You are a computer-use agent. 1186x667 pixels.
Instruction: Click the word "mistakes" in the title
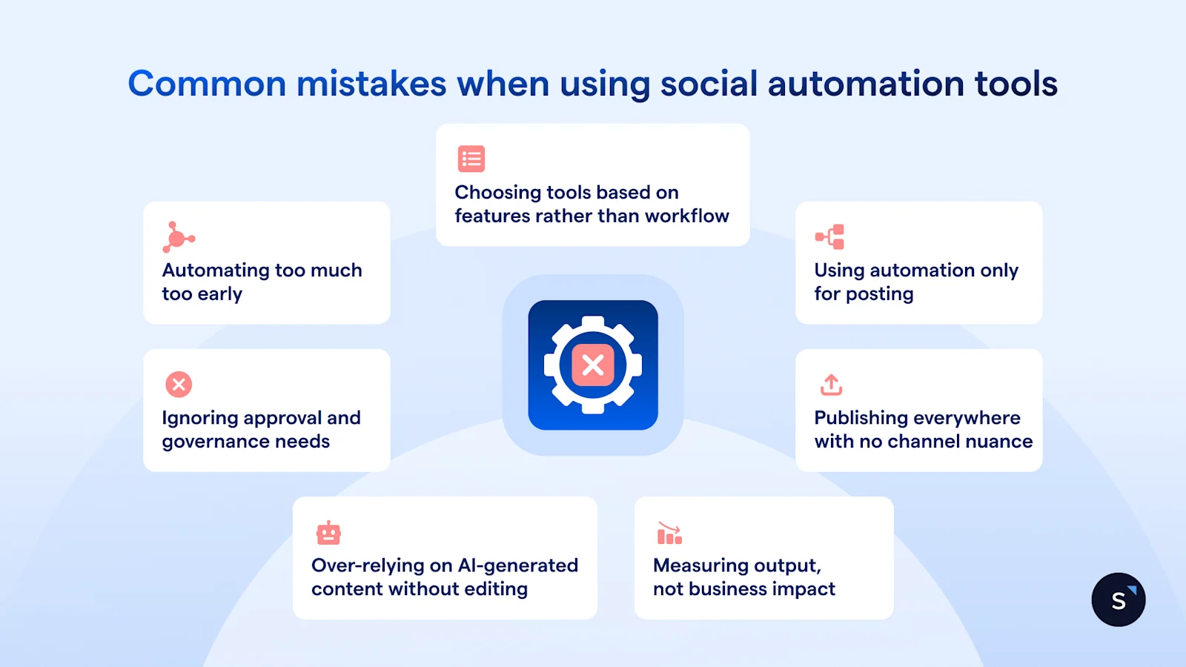(371, 84)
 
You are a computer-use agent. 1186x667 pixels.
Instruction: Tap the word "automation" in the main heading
(866, 84)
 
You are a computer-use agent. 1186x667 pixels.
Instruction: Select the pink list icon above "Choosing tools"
(471, 159)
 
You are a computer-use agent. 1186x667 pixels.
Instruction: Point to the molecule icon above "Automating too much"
(179, 236)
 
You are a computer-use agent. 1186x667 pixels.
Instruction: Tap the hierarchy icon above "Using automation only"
(829, 236)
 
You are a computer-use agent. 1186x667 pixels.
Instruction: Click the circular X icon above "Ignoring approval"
(179, 385)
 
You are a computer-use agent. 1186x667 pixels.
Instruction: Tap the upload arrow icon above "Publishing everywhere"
(831, 385)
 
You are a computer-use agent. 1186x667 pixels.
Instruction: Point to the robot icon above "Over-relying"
(328, 533)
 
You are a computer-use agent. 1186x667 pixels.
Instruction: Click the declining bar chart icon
(670, 533)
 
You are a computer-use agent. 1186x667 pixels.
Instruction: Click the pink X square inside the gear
(593, 365)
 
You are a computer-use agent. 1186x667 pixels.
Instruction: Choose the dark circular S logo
(1119, 600)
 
